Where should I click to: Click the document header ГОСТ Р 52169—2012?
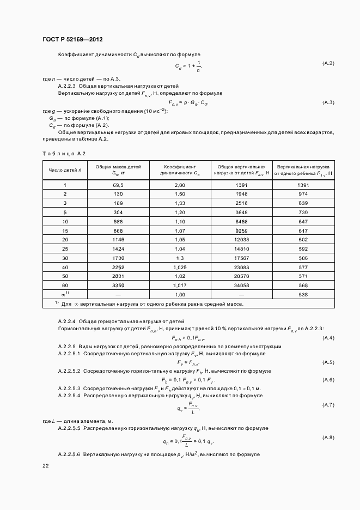72,40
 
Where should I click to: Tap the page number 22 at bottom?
45,466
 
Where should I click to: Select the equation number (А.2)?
328,64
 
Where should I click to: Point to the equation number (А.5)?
328,362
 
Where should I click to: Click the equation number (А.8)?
328,438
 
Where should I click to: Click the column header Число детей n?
65,170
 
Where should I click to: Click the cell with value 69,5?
119,186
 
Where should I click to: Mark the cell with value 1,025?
180,267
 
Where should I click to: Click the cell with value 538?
303,294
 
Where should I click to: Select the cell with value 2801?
119,276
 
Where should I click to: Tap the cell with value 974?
303,195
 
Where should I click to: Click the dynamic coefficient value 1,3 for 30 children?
180,258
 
